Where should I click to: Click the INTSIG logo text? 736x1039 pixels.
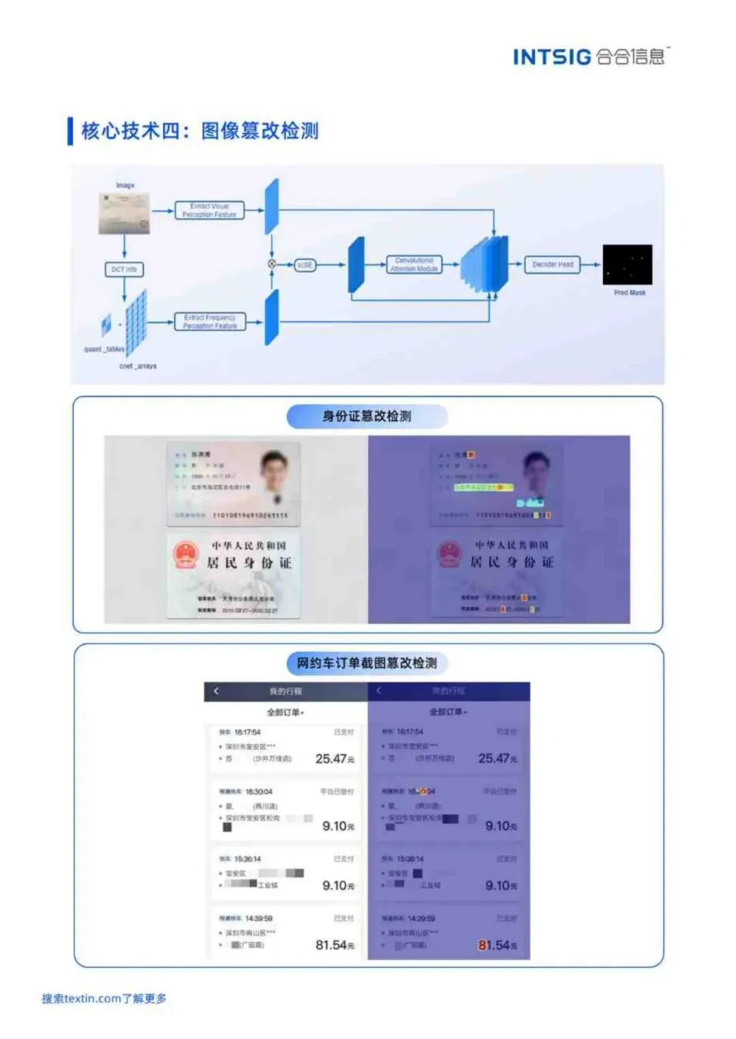[x=552, y=57]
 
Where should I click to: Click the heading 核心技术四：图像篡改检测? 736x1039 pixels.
[x=200, y=131]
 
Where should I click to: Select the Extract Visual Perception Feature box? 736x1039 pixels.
[x=209, y=211]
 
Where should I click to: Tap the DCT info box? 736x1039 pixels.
[x=124, y=270]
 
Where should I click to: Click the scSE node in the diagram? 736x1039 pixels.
[x=305, y=264]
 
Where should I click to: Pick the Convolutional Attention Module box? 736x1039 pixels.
[x=414, y=264]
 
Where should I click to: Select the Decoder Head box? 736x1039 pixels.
[x=552, y=264]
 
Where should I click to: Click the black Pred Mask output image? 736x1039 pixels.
[x=627, y=264]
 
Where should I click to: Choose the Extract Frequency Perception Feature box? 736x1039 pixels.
[x=209, y=322]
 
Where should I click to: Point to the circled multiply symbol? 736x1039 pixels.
[x=272, y=264]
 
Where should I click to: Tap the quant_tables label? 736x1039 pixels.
[x=104, y=350]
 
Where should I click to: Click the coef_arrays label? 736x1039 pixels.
[x=138, y=367]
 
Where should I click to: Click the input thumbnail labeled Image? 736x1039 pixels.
[x=124, y=213]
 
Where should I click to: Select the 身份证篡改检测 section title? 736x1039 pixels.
[x=367, y=416]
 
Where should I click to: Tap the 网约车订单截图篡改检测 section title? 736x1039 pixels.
[x=367, y=663]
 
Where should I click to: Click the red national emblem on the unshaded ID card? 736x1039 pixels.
[x=185, y=555]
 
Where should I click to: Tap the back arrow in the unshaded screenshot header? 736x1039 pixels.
[x=216, y=691]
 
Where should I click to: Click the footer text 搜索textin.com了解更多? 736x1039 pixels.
[x=104, y=998]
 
